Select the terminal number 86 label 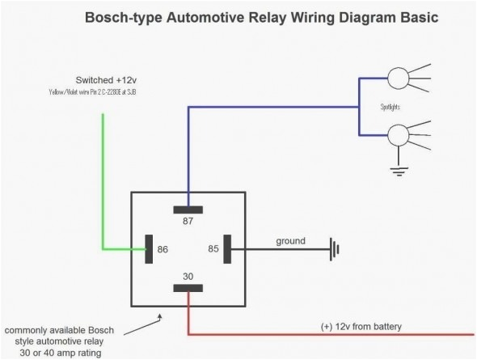click(x=163, y=250)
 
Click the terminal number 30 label click(x=188, y=277)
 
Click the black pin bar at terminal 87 click(x=188, y=210)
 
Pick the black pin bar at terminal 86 click(x=149, y=249)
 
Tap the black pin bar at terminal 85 click(x=227, y=249)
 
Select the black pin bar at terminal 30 click(x=188, y=288)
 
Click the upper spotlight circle click(x=399, y=79)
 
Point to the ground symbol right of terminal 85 click(x=332, y=249)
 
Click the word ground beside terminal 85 click(x=290, y=241)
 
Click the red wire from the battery click(x=323, y=334)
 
